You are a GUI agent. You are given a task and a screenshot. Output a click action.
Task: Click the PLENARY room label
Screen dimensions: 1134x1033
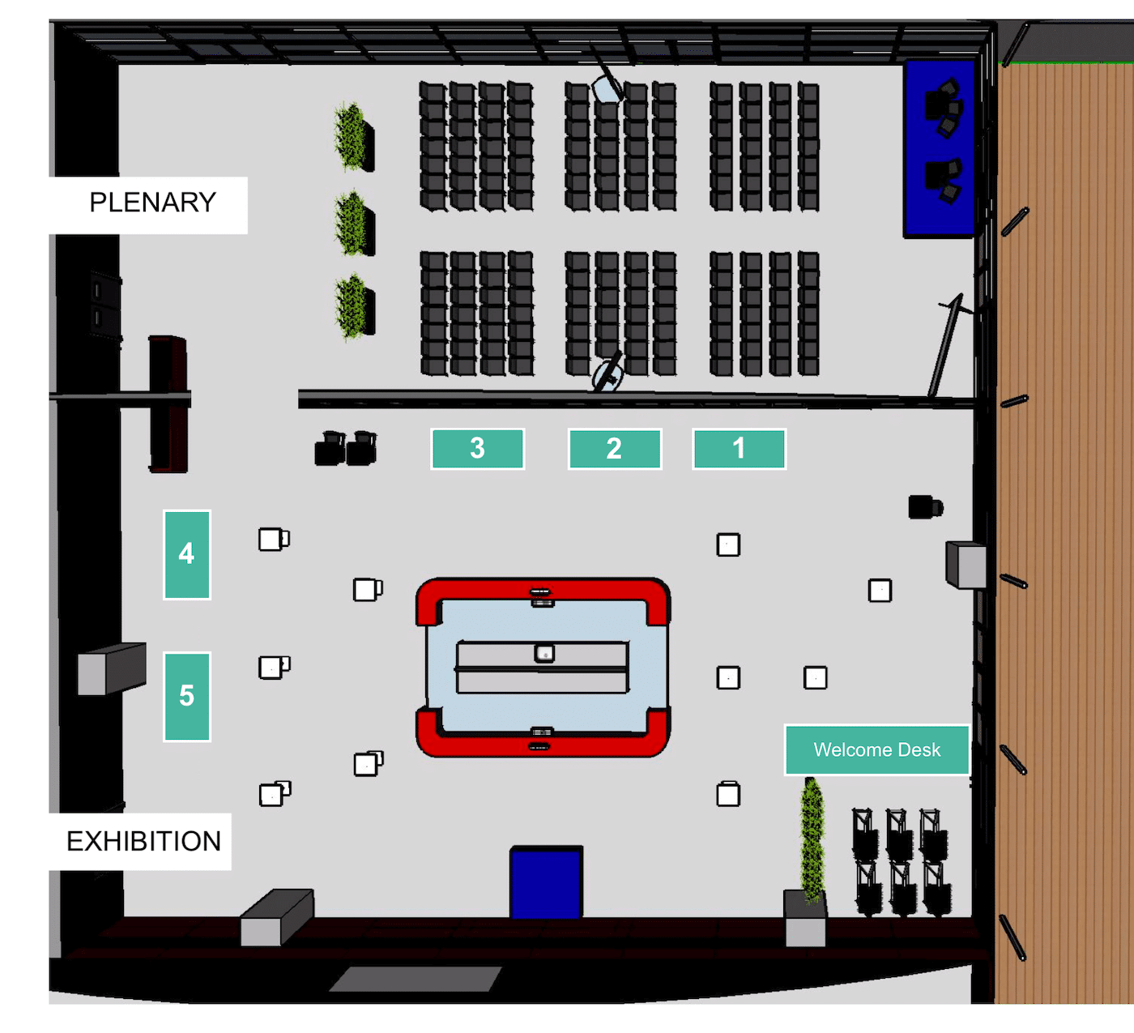152,203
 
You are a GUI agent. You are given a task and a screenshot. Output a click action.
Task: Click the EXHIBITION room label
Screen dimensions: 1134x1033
143,841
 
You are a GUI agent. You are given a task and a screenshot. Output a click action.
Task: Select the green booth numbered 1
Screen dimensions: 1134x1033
739,449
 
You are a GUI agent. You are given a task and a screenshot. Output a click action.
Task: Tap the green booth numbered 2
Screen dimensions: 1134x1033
615,449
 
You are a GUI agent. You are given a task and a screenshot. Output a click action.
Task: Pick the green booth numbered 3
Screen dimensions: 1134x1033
477,449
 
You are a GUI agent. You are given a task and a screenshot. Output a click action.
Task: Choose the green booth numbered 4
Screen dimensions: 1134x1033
186,554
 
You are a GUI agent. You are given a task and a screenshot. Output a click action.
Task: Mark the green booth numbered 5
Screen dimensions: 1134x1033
186,697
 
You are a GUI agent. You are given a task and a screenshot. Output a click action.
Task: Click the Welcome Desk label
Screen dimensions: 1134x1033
876,749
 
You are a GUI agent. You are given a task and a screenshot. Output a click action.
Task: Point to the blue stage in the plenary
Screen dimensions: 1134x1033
940,148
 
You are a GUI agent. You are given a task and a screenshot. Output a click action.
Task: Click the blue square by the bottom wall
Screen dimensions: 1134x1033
546,882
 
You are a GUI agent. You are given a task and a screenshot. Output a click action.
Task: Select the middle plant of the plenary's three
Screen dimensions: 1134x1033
354,224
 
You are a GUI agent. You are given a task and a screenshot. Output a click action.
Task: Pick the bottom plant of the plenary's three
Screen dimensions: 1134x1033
355,306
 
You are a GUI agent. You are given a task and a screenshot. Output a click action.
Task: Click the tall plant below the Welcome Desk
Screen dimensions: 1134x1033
812,840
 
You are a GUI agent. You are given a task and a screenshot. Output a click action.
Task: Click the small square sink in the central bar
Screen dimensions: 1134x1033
544,653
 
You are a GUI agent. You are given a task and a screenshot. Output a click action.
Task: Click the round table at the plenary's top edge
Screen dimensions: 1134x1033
607,89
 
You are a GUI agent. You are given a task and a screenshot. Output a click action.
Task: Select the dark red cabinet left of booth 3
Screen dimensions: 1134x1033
168,404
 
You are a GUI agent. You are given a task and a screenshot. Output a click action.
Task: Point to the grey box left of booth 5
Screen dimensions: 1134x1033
111,668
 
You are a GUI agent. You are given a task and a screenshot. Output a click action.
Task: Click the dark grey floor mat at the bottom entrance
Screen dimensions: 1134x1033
416,979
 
